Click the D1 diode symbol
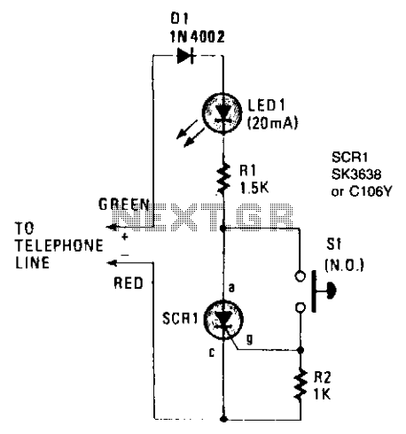tap(185, 56)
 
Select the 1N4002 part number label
tap(197, 36)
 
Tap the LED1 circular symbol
tap(222, 112)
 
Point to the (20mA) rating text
tap(272, 123)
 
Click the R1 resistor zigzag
tap(223, 178)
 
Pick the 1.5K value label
tap(254, 188)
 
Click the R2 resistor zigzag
tap(301, 384)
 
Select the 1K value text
tap(322, 393)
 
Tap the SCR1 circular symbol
tap(223, 320)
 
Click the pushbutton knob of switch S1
tap(331, 291)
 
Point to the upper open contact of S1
tap(301, 276)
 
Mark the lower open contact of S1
tap(301, 307)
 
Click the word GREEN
tap(124, 205)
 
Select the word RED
tap(129, 283)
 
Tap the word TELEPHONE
tap(59, 245)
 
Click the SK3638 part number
tap(356, 174)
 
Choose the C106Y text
tap(371, 191)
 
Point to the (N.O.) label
tap(344, 265)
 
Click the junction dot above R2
tap(301, 350)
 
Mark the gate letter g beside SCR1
tap(250, 339)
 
